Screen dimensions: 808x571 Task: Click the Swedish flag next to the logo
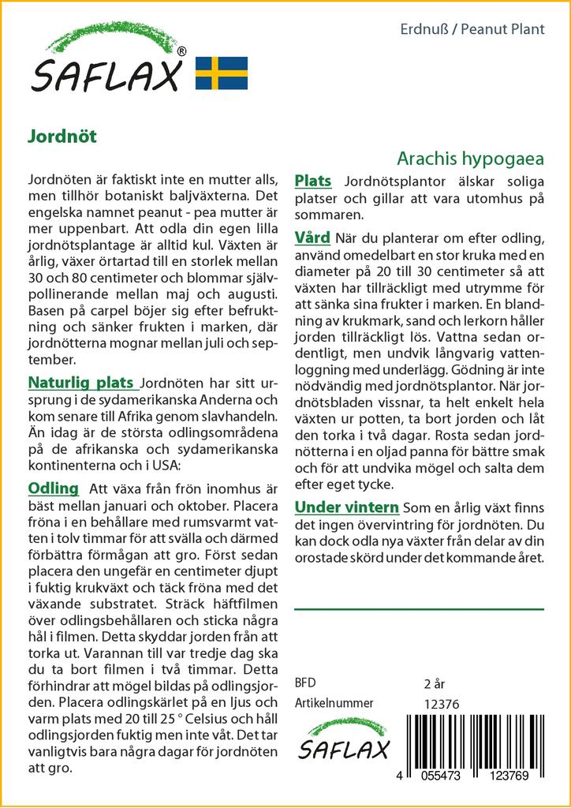coord(222,73)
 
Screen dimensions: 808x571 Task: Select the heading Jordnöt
coord(62,135)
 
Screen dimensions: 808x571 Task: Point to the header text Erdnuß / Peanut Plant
coord(472,30)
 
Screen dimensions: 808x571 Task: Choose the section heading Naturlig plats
coord(80,383)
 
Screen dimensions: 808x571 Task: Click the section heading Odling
coord(53,488)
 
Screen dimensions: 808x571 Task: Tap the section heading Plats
coord(312,181)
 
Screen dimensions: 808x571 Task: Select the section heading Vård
coord(312,238)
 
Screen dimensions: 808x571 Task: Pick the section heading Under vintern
coord(346,507)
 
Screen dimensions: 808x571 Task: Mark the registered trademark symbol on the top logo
coord(182,51)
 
